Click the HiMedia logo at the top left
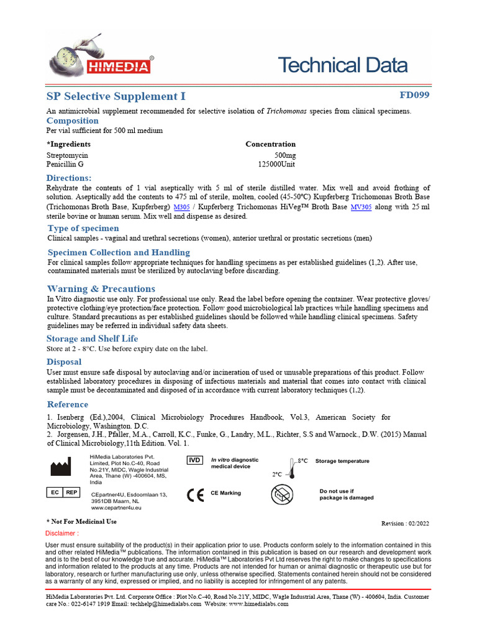click(99, 57)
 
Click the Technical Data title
click(342, 65)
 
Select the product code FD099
click(414, 95)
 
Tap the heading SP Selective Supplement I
click(116, 96)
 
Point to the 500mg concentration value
click(285, 155)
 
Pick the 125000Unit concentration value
click(276, 165)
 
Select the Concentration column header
click(270, 144)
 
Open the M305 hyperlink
click(182, 207)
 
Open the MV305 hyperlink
click(361, 207)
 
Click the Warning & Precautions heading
click(101, 289)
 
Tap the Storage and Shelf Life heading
click(93, 338)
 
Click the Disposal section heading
click(64, 361)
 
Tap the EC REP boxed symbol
click(63, 493)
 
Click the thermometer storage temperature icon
click(293, 468)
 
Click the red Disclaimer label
click(62, 534)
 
